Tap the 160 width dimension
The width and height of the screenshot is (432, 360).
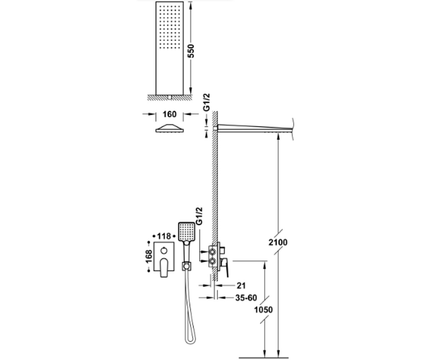click(x=170, y=114)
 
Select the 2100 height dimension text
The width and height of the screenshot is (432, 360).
click(x=278, y=242)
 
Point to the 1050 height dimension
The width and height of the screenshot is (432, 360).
click(x=264, y=310)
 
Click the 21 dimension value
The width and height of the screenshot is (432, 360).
click(x=241, y=286)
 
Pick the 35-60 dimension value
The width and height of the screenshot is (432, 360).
click(x=246, y=298)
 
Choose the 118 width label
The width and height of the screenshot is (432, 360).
click(x=164, y=236)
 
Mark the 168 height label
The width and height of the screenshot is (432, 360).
click(x=149, y=257)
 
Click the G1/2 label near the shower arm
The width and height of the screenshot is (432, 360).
click(x=206, y=102)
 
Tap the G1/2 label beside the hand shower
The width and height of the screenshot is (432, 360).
click(x=199, y=216)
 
